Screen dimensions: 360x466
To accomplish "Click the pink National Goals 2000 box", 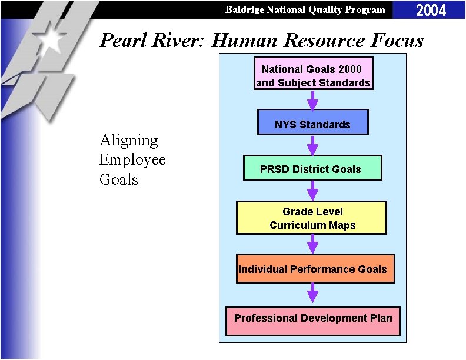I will coord(313,74).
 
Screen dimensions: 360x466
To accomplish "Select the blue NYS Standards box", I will coord(312,122).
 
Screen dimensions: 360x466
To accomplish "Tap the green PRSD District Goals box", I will coord(312,168).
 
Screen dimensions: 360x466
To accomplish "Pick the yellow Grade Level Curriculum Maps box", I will coord(312,218).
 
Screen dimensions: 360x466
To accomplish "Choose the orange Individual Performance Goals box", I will coord(315,269).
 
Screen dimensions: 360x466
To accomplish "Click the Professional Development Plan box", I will coord(313,321).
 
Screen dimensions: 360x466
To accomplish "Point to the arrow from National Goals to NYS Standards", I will coord(312,99).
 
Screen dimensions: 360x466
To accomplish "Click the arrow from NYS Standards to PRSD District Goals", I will coord(312,145).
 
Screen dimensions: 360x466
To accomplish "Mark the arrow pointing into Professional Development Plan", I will coord(312,294).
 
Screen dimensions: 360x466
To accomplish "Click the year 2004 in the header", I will coord(431,10).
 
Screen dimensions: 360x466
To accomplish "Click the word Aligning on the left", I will coord(129,141).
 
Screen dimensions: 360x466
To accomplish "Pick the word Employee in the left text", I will coord(132,160).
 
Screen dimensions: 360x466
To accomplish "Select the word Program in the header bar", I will coord(365,9).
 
